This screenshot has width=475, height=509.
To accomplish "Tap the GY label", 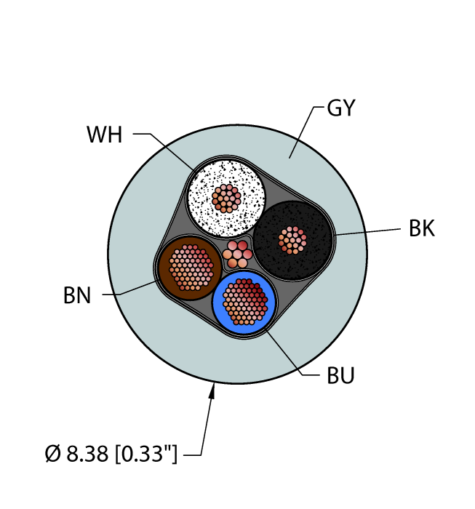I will coord(341,108).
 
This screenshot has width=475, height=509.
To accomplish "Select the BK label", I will coord(421,229).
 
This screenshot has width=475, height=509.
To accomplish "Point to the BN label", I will coord(76,296).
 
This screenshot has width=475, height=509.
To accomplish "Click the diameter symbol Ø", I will coord(52,455).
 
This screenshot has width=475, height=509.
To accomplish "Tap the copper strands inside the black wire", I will coord(293,240).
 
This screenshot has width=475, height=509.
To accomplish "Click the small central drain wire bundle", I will coord(236,252).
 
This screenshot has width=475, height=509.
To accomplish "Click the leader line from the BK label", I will coord(367,232).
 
